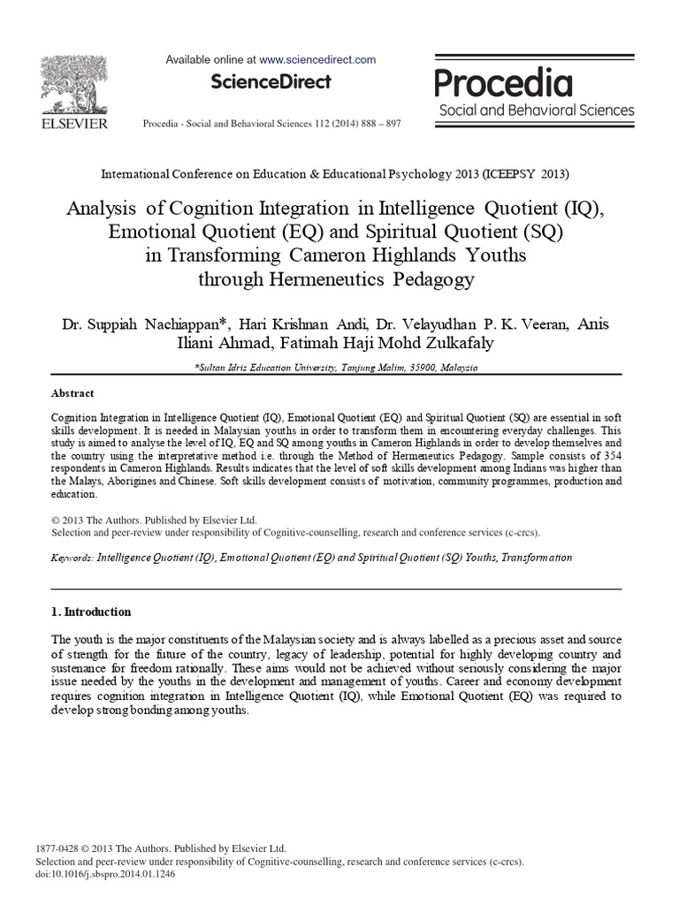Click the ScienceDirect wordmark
point(271,82)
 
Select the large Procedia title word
point(504,83)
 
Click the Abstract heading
point(72,393)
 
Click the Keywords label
point(72,558)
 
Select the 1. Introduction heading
point(91,612)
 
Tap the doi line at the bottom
point(107,872)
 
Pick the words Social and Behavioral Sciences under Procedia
point(537,110)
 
